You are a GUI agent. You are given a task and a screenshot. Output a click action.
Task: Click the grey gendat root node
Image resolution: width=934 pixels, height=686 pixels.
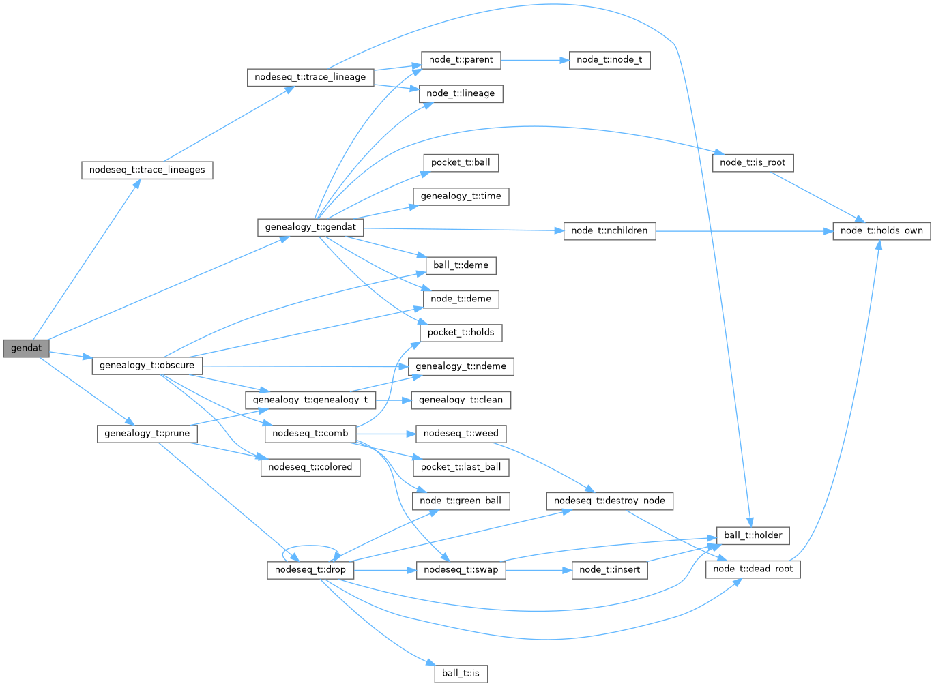coord(26,348)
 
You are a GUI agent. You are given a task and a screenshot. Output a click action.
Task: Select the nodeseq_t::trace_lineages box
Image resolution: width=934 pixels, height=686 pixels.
coord(147,170)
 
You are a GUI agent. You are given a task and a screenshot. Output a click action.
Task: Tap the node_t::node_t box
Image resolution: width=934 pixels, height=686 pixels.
coord(609,60)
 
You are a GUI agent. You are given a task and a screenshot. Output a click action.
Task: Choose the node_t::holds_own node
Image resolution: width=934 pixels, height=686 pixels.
coord(881,230)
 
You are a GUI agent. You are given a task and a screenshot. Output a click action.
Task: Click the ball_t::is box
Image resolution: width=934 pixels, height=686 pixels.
coord(461,674)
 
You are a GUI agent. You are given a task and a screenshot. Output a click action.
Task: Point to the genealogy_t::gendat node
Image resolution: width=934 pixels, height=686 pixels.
coord(310,227)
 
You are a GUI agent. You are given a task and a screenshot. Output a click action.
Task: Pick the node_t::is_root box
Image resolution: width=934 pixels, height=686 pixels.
coord(753,163)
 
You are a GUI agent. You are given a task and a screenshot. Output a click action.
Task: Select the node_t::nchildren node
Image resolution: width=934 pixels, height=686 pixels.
coord(609,230)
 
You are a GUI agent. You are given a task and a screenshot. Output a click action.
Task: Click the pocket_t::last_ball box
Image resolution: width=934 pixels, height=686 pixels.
coord(461,467)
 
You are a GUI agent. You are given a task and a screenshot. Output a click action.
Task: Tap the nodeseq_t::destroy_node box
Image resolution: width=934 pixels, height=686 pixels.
coord(609,501)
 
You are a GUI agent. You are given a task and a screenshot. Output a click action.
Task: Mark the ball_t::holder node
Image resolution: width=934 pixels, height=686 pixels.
coord(753,535)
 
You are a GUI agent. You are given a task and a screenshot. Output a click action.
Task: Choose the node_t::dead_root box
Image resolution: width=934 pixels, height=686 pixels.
coord(753,569)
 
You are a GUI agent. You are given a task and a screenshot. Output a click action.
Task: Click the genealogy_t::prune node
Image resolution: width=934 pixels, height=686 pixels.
coord(147,433)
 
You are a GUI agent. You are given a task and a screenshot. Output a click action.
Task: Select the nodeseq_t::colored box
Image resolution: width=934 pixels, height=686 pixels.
coord(310,467)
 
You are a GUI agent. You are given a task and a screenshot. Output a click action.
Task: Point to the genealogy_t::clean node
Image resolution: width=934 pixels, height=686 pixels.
coord(461,400)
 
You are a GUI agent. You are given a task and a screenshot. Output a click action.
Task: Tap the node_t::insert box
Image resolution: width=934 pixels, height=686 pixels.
coord(609,569)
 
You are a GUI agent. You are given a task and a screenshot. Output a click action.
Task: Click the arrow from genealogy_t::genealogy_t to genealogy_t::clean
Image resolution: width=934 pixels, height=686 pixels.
coord(392,400)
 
